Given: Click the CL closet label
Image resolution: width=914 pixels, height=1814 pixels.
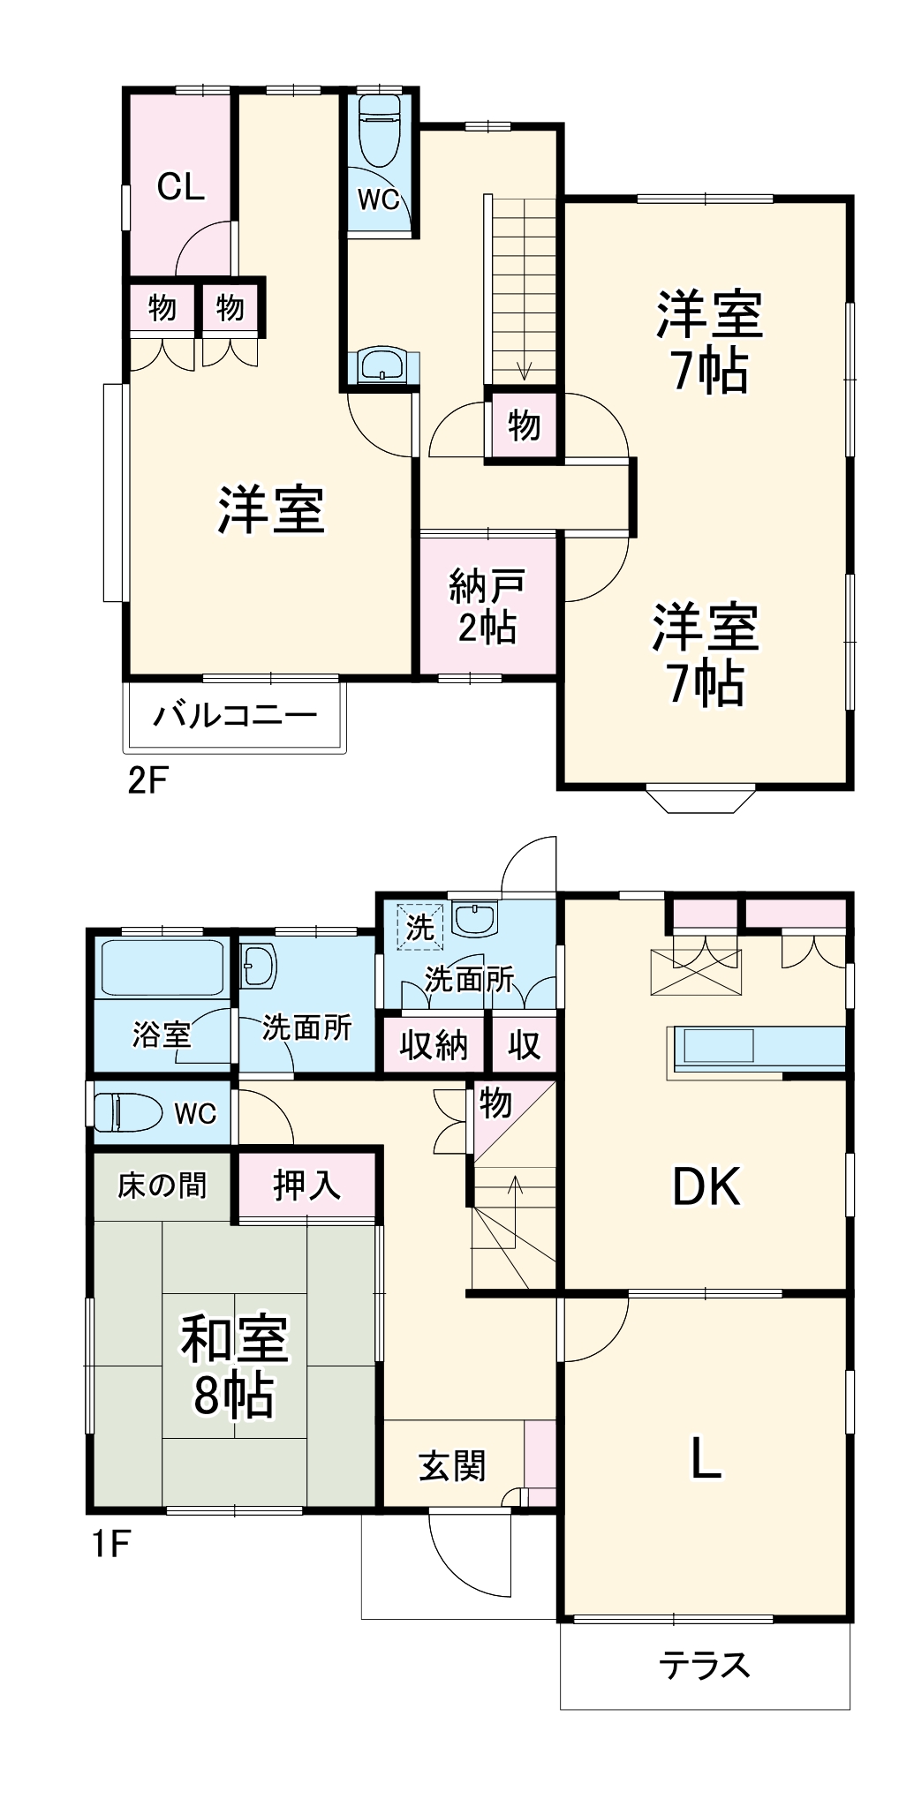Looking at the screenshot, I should click(x=180, y=186).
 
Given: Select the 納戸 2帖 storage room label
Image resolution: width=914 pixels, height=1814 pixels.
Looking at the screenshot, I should click(x=487, y=606).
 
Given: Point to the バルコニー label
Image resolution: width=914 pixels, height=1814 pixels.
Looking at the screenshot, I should click(x=235, y=714).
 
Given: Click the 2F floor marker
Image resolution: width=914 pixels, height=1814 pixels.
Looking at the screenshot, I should click(x=147, y=781).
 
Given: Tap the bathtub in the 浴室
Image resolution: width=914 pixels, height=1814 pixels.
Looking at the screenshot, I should click(x=162, y=967).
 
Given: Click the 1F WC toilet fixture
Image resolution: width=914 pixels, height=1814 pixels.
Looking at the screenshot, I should click(x=128, y=1112).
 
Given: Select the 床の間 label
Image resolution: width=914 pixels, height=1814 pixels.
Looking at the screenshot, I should click(x=162, y=1185).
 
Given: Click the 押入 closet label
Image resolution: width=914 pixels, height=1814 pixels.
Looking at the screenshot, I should click(x=306, y=1185).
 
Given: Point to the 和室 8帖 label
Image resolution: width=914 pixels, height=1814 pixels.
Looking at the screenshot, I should click(x=234, y=1365).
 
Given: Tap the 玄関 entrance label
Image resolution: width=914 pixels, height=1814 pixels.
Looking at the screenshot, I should click(x=452, y=1466).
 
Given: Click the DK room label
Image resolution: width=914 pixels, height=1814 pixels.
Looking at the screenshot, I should click(x=706, y=1187).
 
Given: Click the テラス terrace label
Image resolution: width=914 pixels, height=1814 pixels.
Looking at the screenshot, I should click(x=704, y=1666).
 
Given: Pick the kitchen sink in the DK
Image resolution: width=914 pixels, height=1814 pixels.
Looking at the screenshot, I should click(x=717, y=1047).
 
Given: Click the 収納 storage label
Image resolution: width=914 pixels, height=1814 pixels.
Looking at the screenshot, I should click(x=433, y=1046).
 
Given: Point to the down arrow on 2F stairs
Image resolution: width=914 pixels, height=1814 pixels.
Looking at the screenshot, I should click(x=524, y=371).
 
